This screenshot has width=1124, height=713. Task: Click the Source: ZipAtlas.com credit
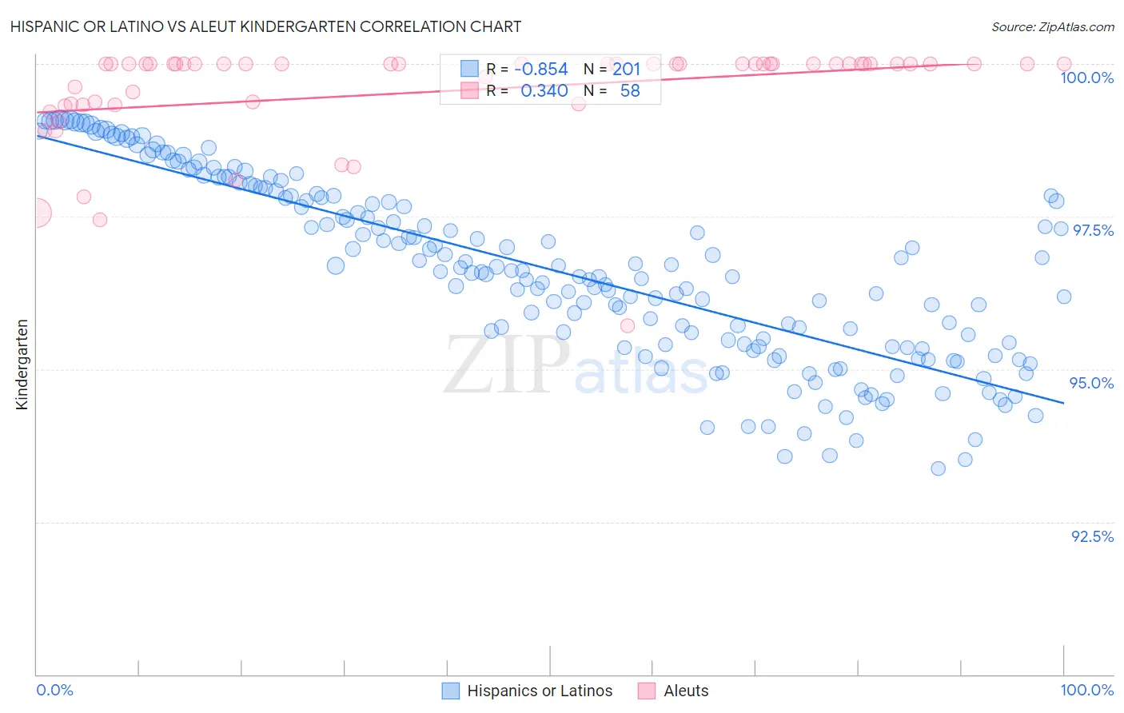point(1052,26)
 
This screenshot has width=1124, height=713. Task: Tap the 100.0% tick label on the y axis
point(1086,78)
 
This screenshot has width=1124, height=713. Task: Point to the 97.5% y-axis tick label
point(1092,230)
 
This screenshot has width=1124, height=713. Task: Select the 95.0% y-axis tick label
point(1091,383)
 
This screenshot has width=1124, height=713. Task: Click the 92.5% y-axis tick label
point(1092,536)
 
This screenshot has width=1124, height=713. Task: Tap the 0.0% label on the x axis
point(54,690)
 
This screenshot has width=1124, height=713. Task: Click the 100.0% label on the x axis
point(1086,690)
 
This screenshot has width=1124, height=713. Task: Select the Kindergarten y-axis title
point(22,364)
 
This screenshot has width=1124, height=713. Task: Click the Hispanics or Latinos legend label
point(540,691)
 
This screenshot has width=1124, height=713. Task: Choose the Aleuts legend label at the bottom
point(686,691)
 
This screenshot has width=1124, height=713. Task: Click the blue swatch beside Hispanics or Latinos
point(451,691)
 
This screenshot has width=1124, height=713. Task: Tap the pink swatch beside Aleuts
point(647,691)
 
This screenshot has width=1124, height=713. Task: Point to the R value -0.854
point(540,70)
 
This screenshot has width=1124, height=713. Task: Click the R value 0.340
point(544,91)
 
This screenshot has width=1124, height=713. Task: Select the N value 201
point(626,70)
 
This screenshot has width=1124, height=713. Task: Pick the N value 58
point(630,91)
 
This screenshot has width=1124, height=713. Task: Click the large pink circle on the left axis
point(37,213)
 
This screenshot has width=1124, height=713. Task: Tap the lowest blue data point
point(939,468)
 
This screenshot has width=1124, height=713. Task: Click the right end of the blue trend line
point(1064,403)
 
